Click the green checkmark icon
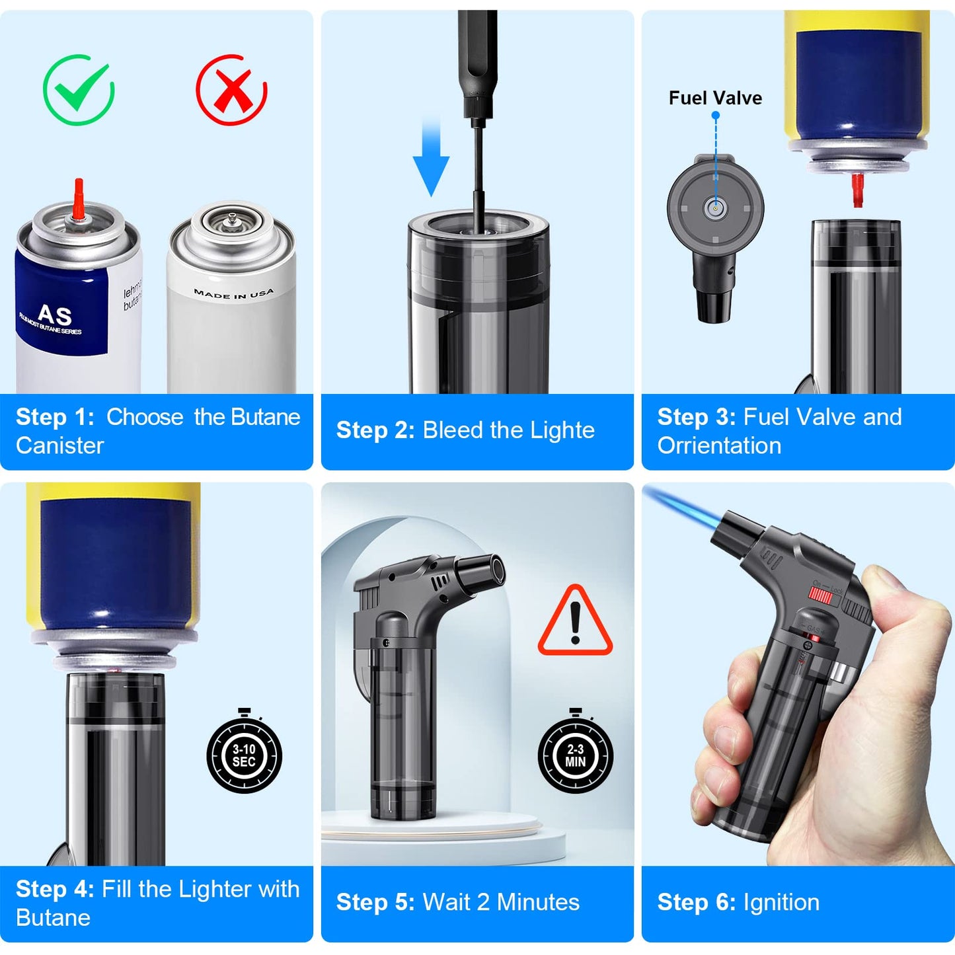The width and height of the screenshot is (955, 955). coord(79,91)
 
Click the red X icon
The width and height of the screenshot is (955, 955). coord(231,91)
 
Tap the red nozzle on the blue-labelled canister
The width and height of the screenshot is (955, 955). coord(79,198)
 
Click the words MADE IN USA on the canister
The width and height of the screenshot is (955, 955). coord(233,293)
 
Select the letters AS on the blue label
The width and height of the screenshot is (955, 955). coord(54,315)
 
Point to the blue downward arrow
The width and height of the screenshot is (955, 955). coord(431,159)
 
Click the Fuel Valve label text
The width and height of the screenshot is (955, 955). coord(715,98)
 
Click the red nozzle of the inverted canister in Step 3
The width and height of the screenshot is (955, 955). coord(857,189)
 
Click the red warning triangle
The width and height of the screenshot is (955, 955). coord(575,623)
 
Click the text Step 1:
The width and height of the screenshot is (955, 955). coord(55,417)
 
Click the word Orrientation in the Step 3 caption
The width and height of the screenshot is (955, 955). coord(719,446)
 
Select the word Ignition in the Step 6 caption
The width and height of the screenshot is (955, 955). coord(781,903)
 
